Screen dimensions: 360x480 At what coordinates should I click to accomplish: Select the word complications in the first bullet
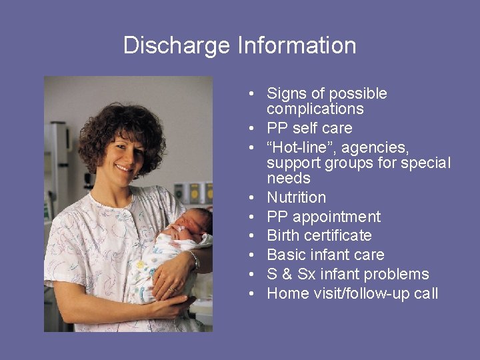[315, 109]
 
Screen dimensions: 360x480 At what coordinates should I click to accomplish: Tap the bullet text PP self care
[309, 128]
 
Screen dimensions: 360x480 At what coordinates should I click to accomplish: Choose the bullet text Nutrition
[296, 197]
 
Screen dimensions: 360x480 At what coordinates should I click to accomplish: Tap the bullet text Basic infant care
[325, 255]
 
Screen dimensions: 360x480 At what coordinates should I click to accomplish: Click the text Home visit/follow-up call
[352, 293]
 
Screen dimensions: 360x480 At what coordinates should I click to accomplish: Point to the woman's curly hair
[123, 123]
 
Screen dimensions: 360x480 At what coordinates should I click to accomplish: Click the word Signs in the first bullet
[285, 94]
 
